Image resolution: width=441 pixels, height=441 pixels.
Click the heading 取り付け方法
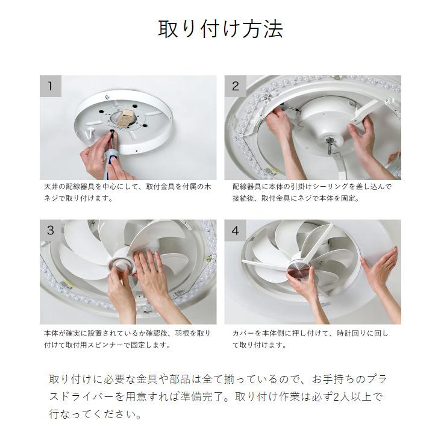[x=220, y=28]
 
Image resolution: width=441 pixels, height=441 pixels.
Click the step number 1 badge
[x=51, y=86]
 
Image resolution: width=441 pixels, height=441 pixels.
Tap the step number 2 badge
[x=236, y=86]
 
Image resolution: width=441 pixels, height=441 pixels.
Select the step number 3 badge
[x=51, y=230]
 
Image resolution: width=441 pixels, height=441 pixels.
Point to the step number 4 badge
[x=236, y=230]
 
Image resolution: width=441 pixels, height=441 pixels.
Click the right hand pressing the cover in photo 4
[x=380, y=271]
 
